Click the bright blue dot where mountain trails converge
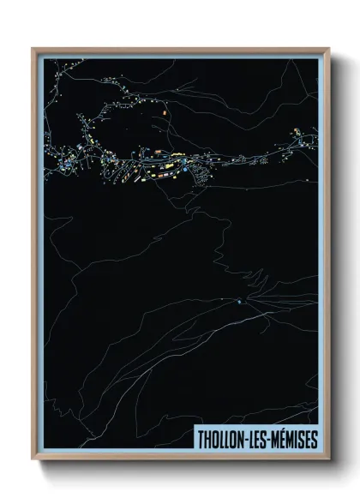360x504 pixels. click(x=239, y=301)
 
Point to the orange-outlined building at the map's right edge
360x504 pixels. click(x=297, y=129)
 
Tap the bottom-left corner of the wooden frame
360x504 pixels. click(x=33, y=460)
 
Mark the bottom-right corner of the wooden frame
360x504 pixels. click(x=327, y=460)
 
